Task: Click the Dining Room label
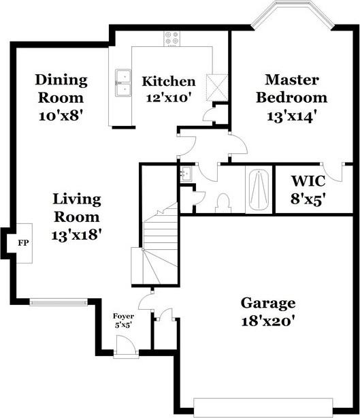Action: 61,97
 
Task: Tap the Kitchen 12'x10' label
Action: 168,89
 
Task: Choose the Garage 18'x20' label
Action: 267,311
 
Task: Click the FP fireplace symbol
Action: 22,242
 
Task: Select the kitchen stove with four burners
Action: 171,39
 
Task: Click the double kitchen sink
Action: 123,82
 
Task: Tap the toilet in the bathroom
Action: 223,202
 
